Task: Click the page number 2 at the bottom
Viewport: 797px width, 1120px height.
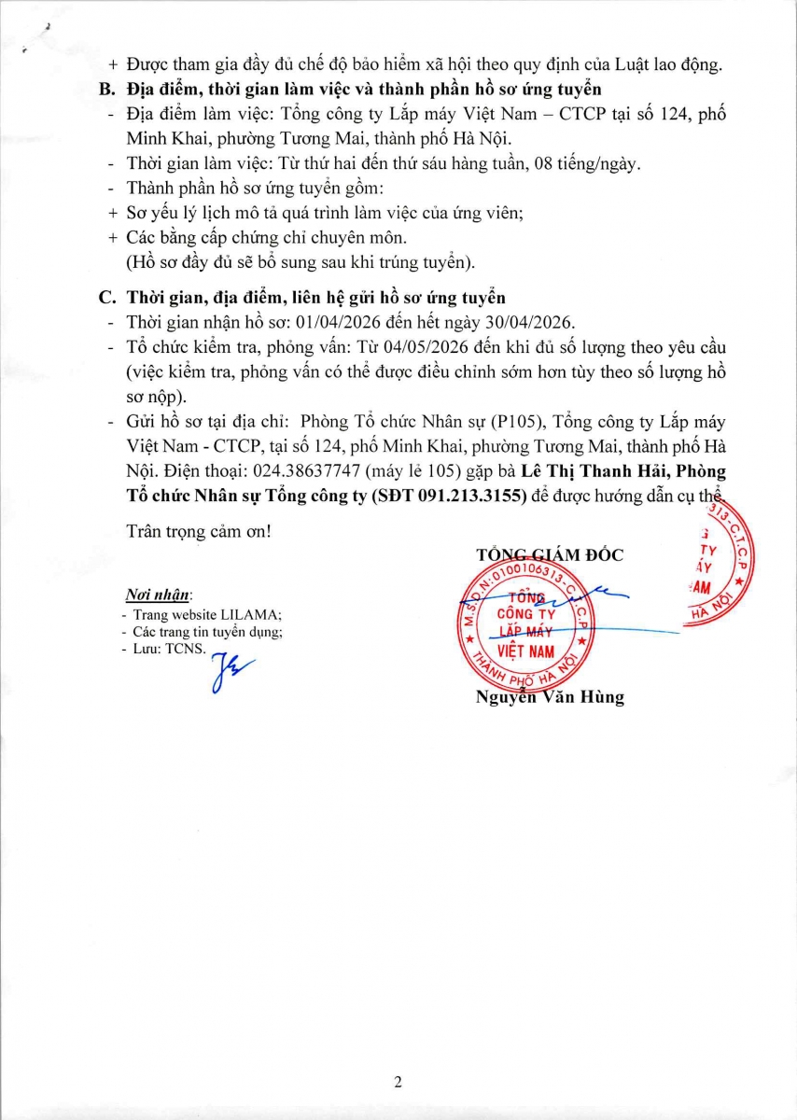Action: tap(398, 1083)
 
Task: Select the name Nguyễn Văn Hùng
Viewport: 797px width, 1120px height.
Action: tap(550, 697)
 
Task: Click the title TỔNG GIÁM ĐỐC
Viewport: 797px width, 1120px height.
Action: tap(550, 554)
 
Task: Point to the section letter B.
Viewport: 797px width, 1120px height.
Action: tap(105, 90)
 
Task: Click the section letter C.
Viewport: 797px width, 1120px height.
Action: tap(105, 298)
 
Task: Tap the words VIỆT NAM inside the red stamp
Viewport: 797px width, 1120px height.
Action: tap(525, 650)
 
